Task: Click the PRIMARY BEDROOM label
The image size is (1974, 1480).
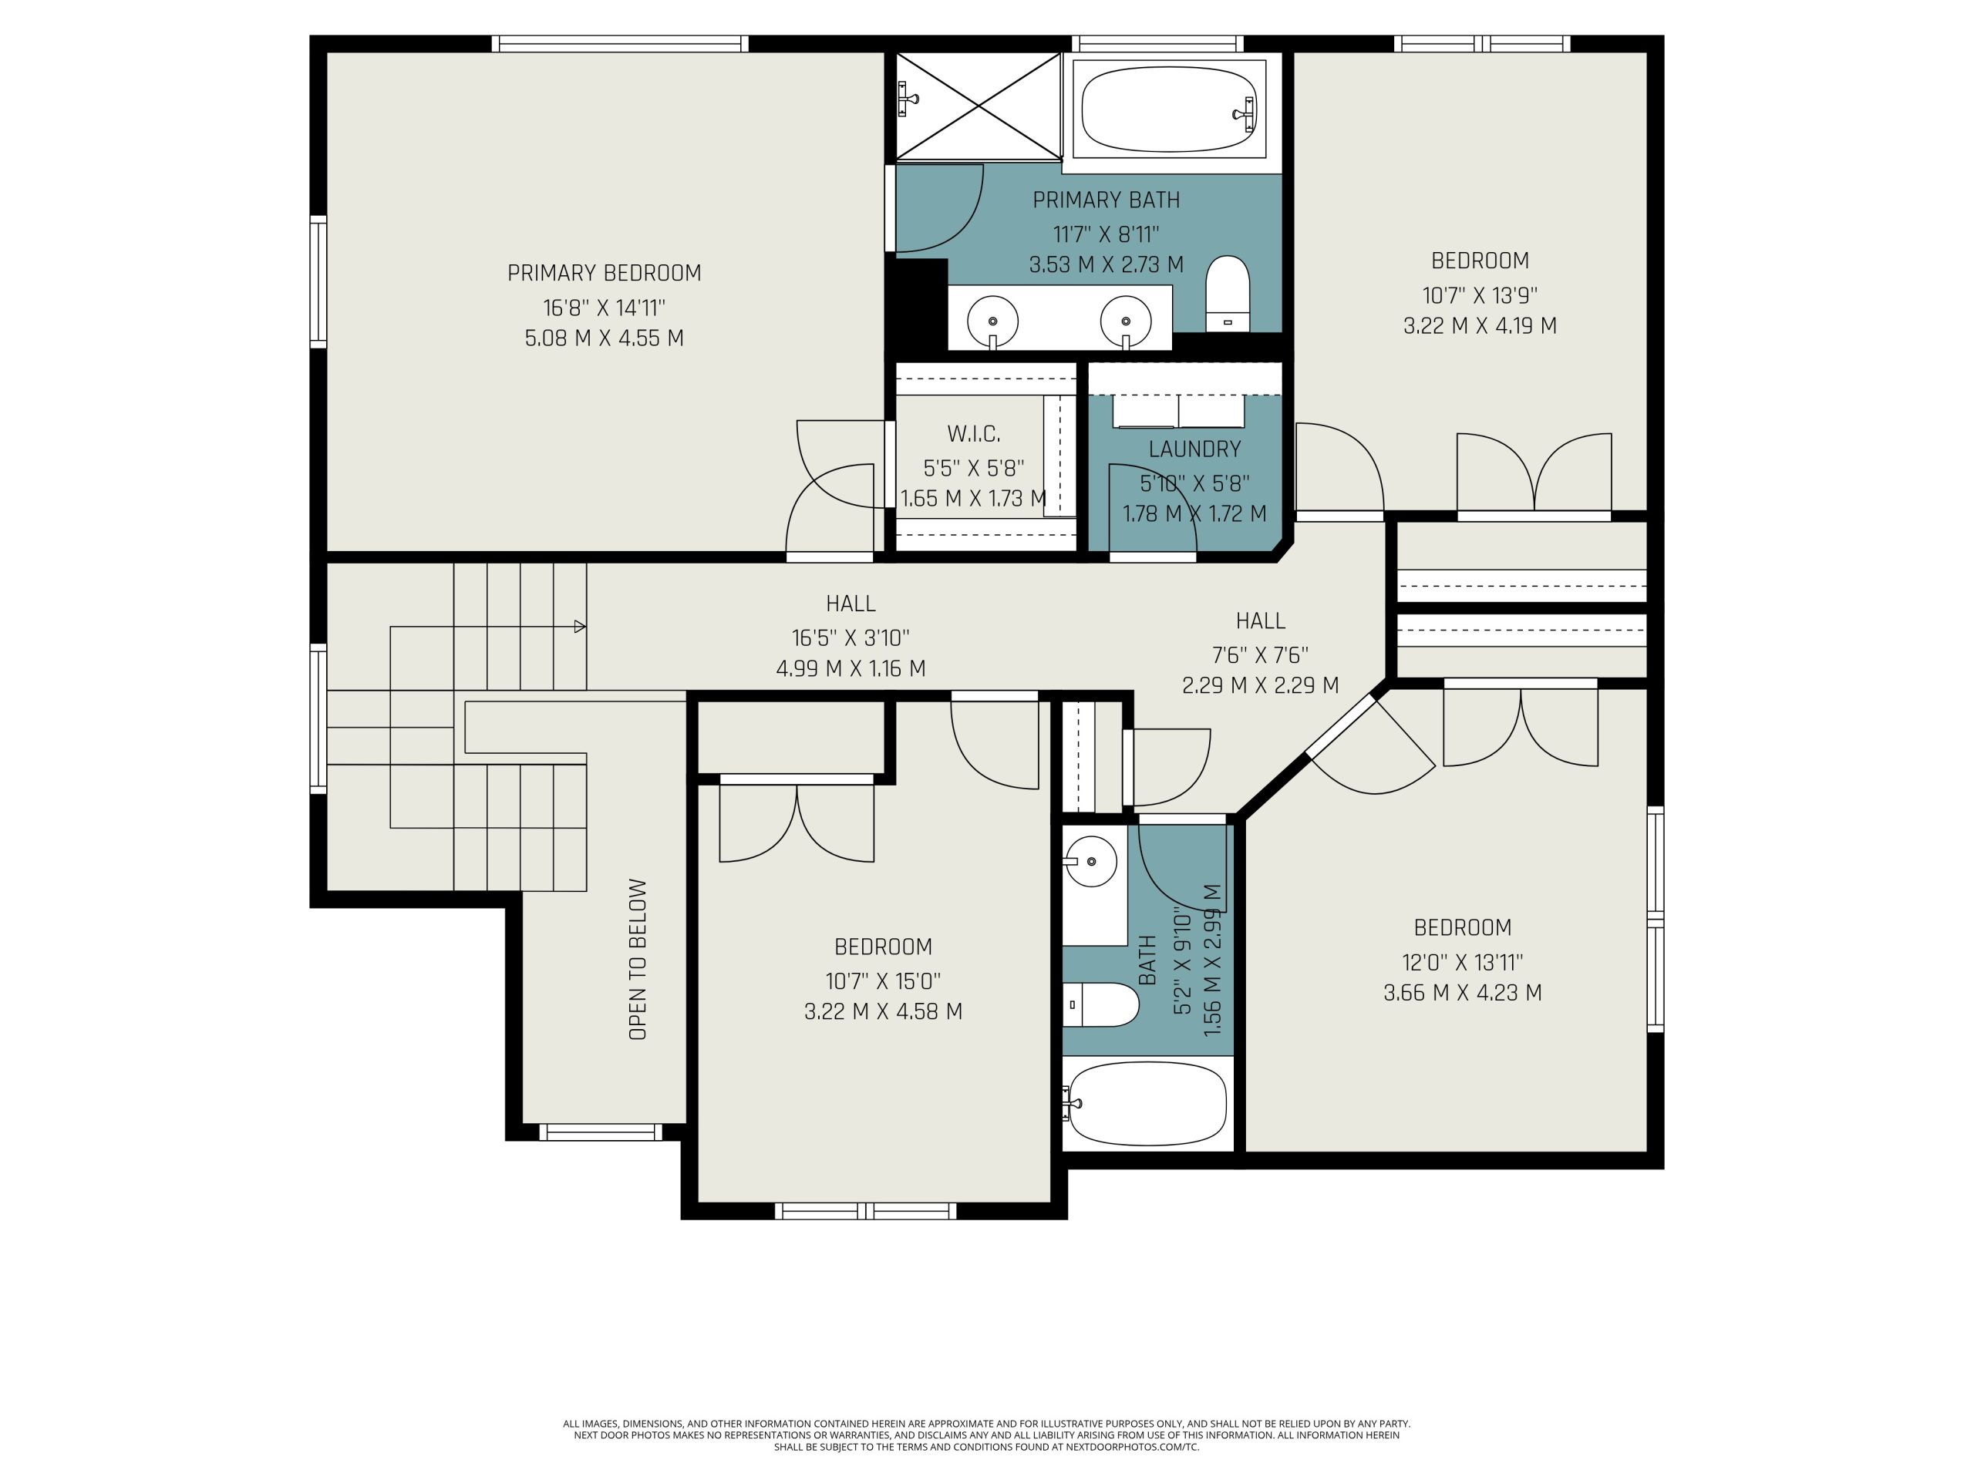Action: coord(605,273)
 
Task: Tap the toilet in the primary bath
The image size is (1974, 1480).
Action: coord(1227,294)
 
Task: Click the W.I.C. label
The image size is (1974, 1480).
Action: coord(974,435)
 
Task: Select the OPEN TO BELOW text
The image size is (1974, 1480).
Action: coord(637,959)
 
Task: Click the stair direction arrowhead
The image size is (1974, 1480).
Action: coord(580,626)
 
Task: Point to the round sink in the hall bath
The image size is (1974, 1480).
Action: coord(1091,862)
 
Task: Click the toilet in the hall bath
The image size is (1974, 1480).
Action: coord(1101,1004)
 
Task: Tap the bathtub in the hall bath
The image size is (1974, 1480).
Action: coord(1147,1105)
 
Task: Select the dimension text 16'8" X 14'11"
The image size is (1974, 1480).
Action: coord(605,308)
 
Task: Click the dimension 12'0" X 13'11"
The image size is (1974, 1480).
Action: coord(1463,963)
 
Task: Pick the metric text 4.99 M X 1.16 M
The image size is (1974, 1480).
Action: coord(851,668)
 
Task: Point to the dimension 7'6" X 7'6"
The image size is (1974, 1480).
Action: coord(1260,654)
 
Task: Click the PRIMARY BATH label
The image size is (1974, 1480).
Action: coord(1107,200)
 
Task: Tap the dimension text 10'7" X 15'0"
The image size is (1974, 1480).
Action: coord(883,981)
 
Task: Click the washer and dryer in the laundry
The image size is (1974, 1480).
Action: coord(1178,412)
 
